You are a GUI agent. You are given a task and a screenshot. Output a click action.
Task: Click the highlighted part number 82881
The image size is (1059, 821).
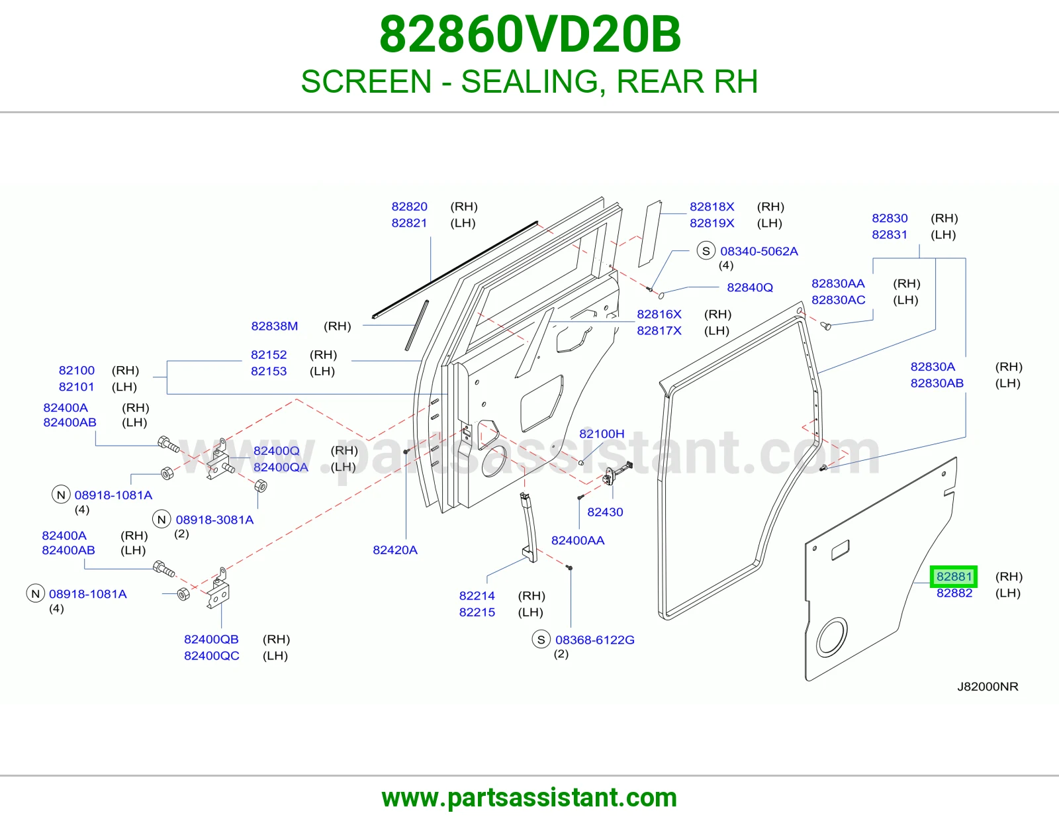pos(954,577)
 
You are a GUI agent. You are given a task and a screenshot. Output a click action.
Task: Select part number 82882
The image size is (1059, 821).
pos(954,593)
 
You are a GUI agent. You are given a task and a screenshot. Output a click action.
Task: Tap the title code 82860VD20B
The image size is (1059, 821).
pos(529,34)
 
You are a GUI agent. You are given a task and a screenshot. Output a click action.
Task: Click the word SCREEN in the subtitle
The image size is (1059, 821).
pos(367,81)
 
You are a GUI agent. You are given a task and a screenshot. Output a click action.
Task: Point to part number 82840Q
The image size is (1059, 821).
pos(749,287)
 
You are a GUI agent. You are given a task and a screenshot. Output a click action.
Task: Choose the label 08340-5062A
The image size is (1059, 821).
pos(759,252)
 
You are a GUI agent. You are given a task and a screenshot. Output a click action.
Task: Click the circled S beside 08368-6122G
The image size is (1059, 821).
pos(541,640)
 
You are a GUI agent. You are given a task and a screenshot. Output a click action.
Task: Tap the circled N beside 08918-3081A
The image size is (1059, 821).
pos(161,520)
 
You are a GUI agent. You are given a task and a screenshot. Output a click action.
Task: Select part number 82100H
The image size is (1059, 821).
pos(602,434)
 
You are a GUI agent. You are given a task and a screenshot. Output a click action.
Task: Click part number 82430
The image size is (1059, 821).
pos(605,512)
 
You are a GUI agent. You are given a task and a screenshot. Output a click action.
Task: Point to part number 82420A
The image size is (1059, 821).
pos(394,550)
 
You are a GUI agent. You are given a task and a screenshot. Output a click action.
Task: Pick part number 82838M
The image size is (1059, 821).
pos(275,326)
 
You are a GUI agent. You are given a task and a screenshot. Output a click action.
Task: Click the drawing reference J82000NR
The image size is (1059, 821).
pos(988,687)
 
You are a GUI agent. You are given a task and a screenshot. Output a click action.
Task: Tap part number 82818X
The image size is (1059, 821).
pos(712,207)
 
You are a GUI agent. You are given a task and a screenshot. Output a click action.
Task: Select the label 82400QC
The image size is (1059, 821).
pos(212,655)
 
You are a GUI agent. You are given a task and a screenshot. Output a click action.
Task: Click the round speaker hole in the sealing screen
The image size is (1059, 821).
pos(832,637)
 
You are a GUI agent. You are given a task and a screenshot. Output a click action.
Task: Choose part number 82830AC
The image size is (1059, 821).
pos(838,301)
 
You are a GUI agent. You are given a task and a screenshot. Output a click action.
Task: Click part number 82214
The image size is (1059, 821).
pos(477,596)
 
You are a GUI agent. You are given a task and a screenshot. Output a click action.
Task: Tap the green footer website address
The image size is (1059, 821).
pos(529,798)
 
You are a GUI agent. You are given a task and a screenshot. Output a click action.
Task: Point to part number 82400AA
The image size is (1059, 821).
pos(578,541)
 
